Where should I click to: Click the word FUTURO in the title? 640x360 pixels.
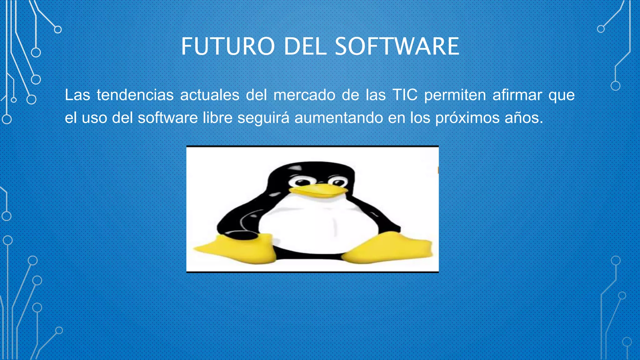pos(228,46)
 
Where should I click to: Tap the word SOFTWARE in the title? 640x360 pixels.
pos(397,46)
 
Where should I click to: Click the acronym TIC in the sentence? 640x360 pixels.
pos(405,95)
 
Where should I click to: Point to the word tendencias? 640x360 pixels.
pos(135,95)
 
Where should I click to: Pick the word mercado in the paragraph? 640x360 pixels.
pos(304,95)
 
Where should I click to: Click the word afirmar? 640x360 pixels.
pos(517,95)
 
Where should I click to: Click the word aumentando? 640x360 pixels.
pos(338,118)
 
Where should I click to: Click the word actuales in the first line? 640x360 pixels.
pos(210,95)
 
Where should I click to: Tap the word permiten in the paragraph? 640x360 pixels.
pos(455,95)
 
